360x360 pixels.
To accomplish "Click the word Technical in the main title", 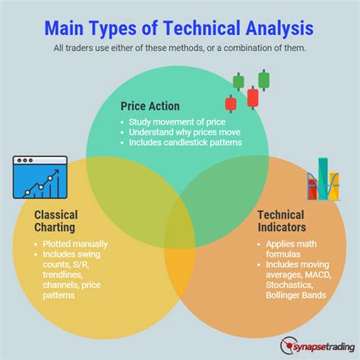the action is (x=201, y=28).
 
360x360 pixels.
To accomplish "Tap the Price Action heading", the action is (x=150, y=106).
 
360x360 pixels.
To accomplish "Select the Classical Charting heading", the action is (x=56, y=221).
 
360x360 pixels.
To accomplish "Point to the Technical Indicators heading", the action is (x=282, y=221).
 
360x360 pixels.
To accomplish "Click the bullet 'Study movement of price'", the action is (x=177, y=122).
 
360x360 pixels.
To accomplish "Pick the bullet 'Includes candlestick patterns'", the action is (x=185, y=142).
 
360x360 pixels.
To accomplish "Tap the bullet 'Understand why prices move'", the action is (x=185, y=132).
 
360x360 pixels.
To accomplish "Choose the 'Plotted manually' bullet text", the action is (x=75, y=244).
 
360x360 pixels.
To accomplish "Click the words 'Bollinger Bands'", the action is (x=296, y=295).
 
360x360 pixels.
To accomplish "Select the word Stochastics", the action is (x=289, y=285).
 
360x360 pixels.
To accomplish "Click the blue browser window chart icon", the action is (x=40, y=177).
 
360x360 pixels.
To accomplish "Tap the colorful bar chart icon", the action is (x=324, y=179).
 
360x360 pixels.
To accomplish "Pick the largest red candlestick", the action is (x=253, y=97).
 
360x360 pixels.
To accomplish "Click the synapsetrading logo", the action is (x=317, y=346).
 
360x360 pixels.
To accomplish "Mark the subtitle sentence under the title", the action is (x=180, y=48).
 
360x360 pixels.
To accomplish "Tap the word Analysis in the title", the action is (x=279, y=28).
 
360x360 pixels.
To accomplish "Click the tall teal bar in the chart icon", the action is (x=323, y=178).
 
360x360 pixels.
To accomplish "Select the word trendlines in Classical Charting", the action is (x=63, y=275).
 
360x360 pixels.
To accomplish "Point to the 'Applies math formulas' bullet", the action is (x=291, y=249).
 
